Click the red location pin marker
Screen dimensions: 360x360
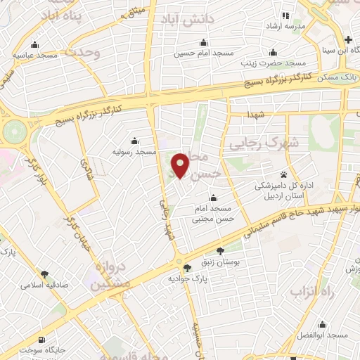tap(181, 165)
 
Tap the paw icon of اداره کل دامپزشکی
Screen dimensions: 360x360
tap(284, 174)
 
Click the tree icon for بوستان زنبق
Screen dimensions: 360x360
tap(220, 250)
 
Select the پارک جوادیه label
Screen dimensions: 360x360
tap(186, 279)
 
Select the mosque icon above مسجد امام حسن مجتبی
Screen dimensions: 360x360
tap(213, 197)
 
